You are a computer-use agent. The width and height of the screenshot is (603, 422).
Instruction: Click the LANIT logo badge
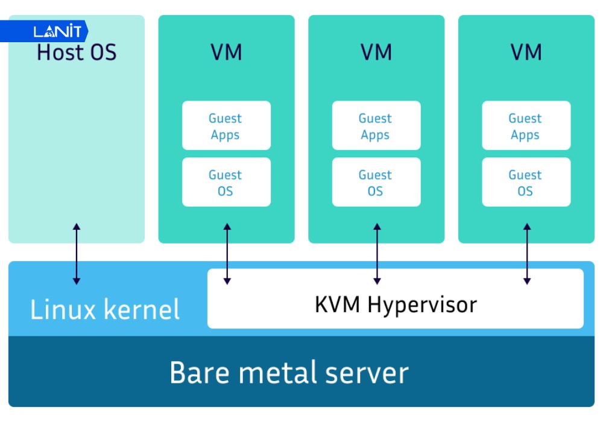click(48, 31)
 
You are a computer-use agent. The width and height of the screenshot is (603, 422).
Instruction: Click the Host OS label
click(77, 52)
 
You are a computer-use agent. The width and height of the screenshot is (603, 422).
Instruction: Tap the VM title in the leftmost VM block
click(226, 52)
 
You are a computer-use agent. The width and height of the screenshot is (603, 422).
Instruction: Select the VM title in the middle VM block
click(376, 52)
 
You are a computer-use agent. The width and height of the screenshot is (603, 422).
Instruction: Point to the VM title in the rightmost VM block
click(526, 52)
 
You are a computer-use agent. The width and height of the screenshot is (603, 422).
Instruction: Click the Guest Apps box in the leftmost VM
click(226, 126)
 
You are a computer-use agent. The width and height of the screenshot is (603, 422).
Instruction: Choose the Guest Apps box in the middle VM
click(376, 126)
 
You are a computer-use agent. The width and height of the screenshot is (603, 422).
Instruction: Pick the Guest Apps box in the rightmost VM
click(526, 126)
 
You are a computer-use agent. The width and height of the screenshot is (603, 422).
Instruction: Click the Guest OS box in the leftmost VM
click(226, 183)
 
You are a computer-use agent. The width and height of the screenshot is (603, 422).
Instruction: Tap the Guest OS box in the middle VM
click(376, 183)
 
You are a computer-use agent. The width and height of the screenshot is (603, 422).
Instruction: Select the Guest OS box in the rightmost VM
click(526, 183)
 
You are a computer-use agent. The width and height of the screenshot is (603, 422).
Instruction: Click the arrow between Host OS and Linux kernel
click(76, 254)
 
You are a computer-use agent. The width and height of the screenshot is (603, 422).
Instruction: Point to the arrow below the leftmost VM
click(227, 254)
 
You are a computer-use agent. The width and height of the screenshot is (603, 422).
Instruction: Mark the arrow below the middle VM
click(377, 254)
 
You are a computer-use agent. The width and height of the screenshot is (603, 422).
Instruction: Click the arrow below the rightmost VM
click(527, 254)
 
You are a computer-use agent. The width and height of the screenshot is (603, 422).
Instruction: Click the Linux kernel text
click(105, 310)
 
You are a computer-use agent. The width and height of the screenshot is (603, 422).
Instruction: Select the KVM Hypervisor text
click(396, 305)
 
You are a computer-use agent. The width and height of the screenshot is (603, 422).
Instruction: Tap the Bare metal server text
click(289, 373)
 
